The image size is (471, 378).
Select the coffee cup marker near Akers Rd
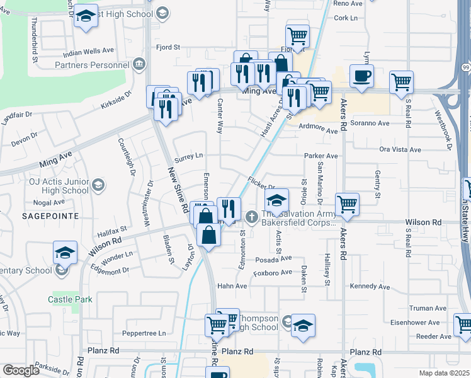[361, 76]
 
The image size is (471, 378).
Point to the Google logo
[21, 370]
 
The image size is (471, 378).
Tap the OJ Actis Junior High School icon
[98, 185]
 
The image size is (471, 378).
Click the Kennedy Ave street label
[370, 287]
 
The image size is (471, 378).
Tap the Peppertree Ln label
[144, 333]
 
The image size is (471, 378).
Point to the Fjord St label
[168, 47]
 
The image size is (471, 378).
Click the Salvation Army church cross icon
[251, 217]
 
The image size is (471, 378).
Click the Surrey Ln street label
[189, 155]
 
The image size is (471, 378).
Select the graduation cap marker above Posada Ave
[276, 200]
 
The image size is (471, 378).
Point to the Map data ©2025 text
[445, 373]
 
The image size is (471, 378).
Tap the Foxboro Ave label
[273, 273]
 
